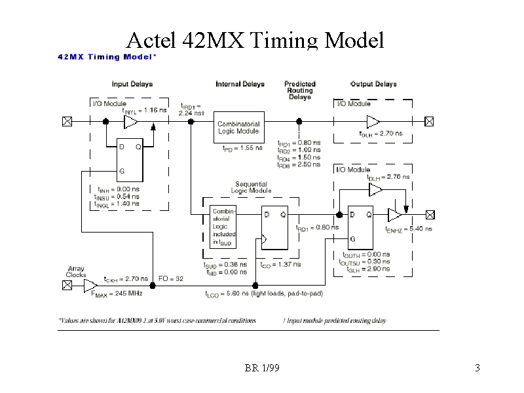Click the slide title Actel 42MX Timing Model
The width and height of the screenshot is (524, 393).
pos(254,41)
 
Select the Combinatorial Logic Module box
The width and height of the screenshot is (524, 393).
pos(238,127)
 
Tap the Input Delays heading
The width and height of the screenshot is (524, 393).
pos(132,84)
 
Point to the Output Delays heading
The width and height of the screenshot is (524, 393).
pos(373,84)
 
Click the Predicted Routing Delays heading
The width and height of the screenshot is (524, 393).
pos(300,90)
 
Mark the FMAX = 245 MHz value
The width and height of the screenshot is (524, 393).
pos(116,293)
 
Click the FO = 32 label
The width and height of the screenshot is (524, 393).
pos(171,278)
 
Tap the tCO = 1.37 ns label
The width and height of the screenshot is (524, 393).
pos(280,265)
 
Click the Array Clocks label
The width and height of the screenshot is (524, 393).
pos(76,272)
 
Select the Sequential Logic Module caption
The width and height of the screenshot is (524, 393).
pos(252,187)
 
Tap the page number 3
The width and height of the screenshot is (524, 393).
pos(477,368)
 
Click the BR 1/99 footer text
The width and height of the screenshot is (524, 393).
pos(262,368)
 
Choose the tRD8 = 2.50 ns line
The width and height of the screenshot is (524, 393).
pos(299,165)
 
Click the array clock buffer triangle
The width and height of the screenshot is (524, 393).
pos(90,284)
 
